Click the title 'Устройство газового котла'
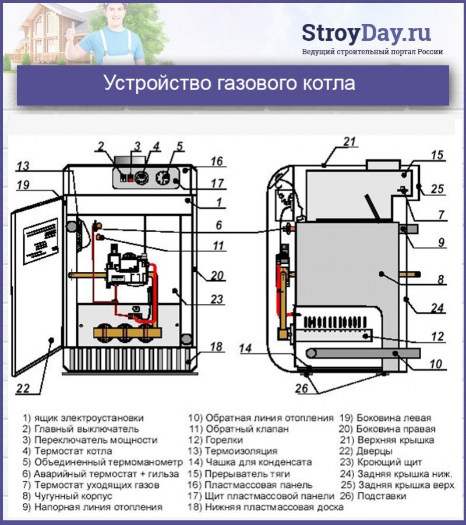pyautogui.click(x=230, y=82)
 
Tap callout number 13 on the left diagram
pyautogui.click(x=22, y=166)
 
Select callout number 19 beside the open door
pyautogui.click(x=22, y=186)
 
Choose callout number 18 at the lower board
pyautogui.click(x=216, y=347)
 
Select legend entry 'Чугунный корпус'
pyautogui.click(x=73, y=496)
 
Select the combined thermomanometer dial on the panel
pyautogui.click(x=165, y=177)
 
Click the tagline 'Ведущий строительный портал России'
pyautogui.click(x=372, y=51)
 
